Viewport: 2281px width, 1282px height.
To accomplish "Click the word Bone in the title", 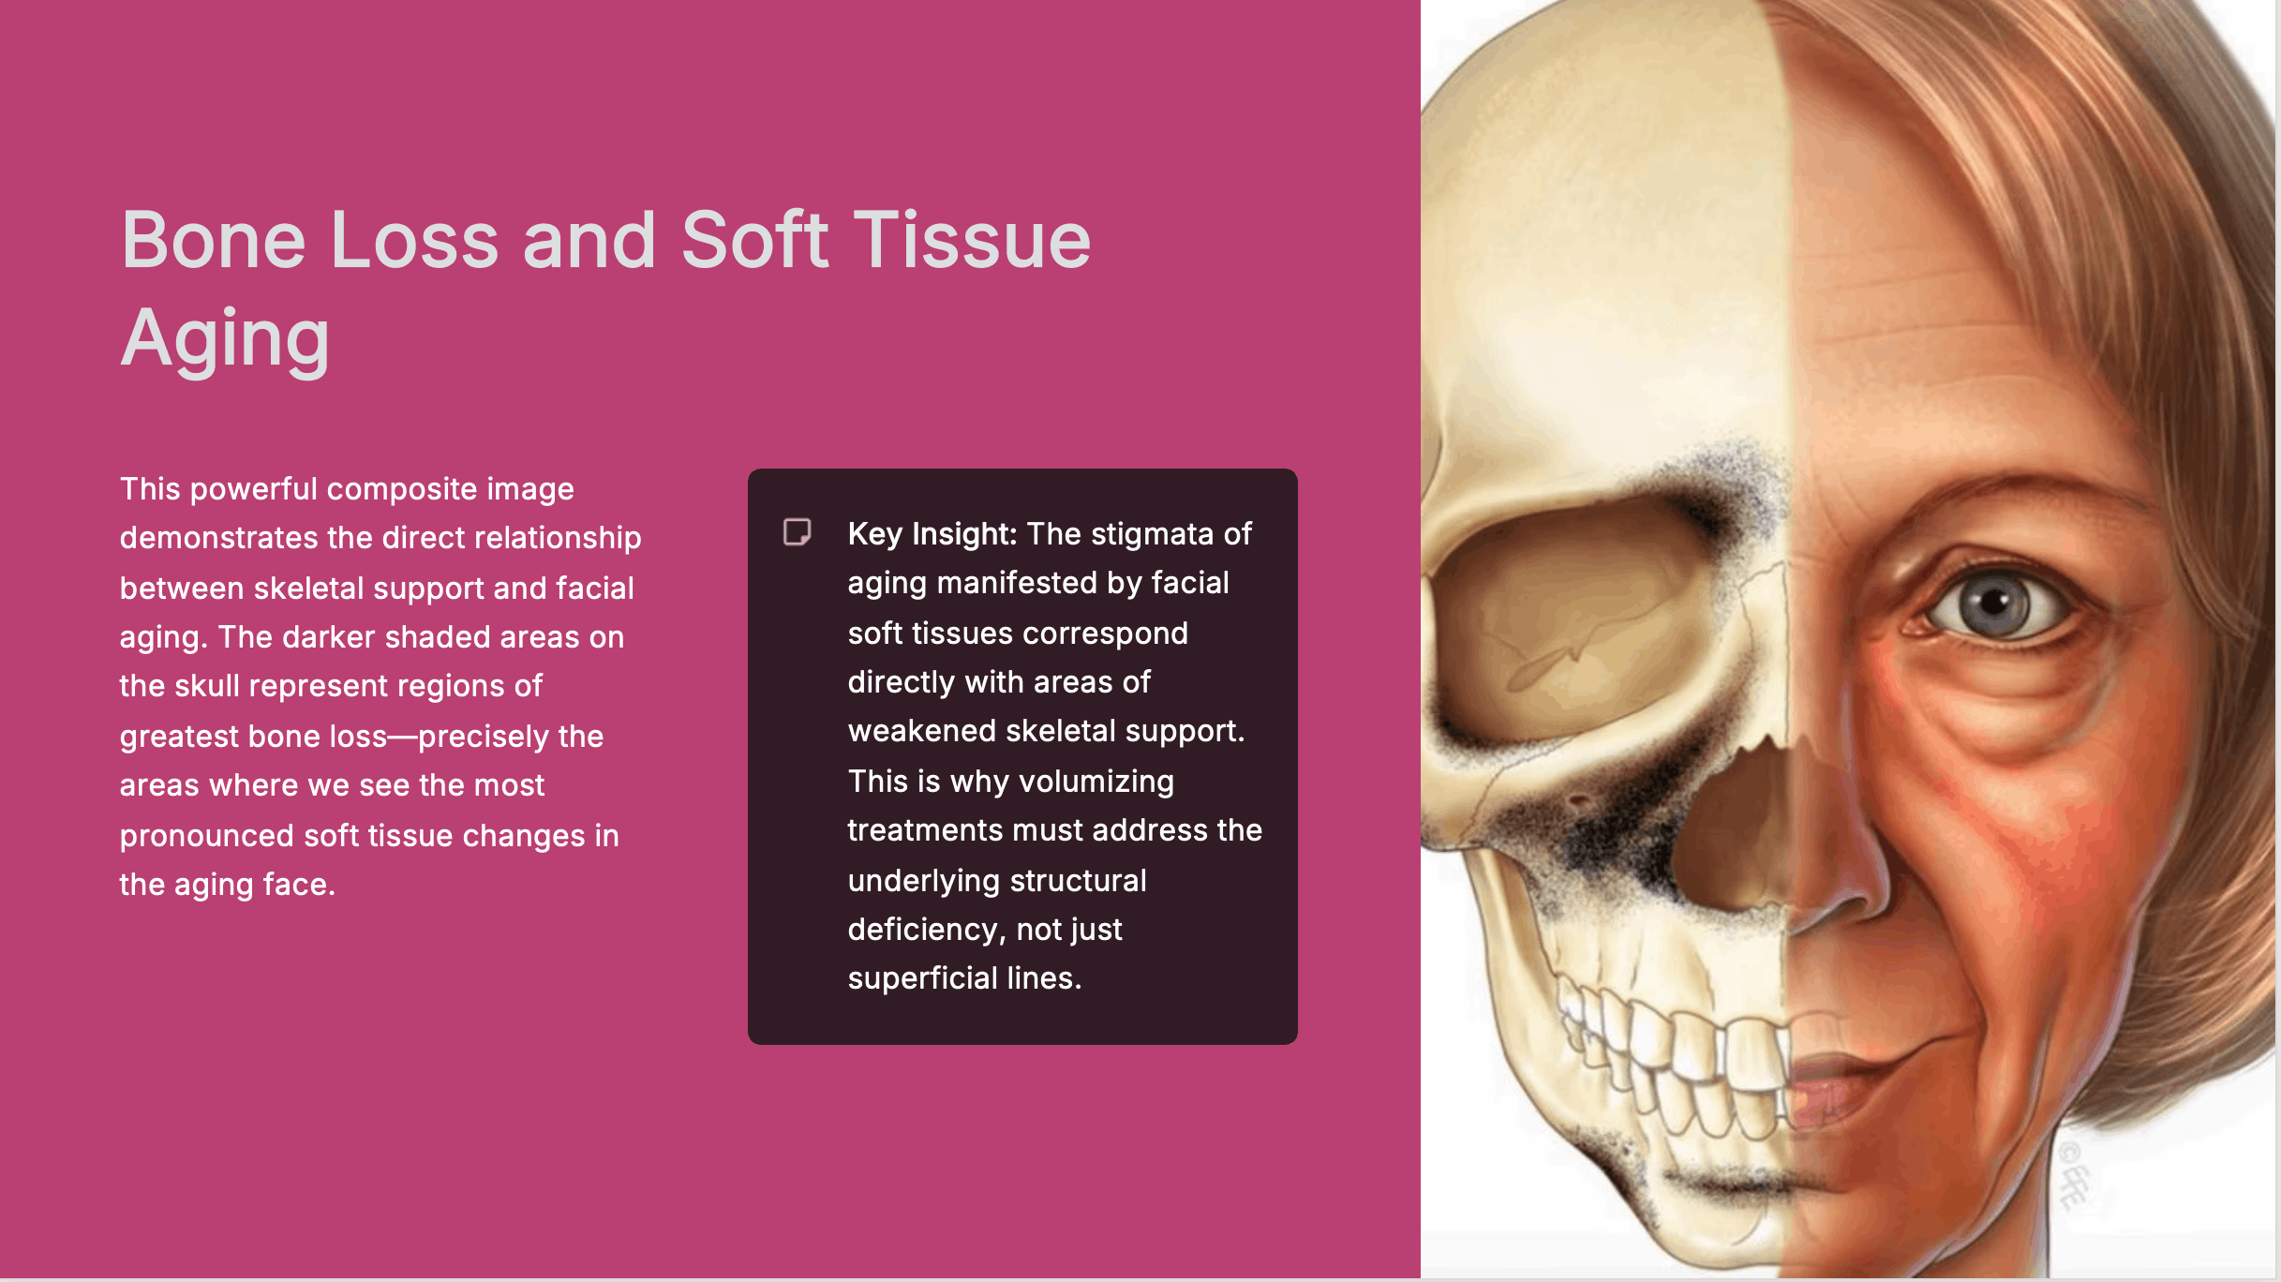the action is pyautogui.click(x=214, y=240).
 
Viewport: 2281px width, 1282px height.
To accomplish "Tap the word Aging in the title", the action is pyautogui.click(x=225, y=339).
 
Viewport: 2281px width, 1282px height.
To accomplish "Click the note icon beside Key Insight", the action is pyautogui.click(x=797, y=532).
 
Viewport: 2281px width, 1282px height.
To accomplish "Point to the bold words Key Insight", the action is pyautogui.click(x=932, y=534).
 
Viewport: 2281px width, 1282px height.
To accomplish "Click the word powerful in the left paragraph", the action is pyautogui.click(x=254, y=489).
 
